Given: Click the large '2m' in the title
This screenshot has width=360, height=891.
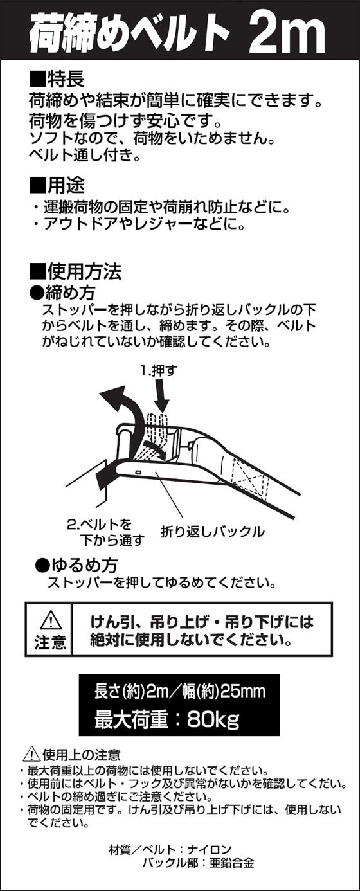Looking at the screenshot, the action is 288,34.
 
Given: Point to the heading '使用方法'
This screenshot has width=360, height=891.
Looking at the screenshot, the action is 84,272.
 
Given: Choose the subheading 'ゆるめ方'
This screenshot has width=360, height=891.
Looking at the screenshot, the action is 84,565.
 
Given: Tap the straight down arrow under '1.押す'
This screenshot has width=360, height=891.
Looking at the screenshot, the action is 163,395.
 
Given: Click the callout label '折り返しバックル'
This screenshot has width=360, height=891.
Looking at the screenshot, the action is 212,532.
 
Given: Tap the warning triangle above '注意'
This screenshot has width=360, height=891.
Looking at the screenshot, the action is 51,620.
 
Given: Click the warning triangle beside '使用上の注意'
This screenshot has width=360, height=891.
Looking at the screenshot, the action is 32,754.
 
